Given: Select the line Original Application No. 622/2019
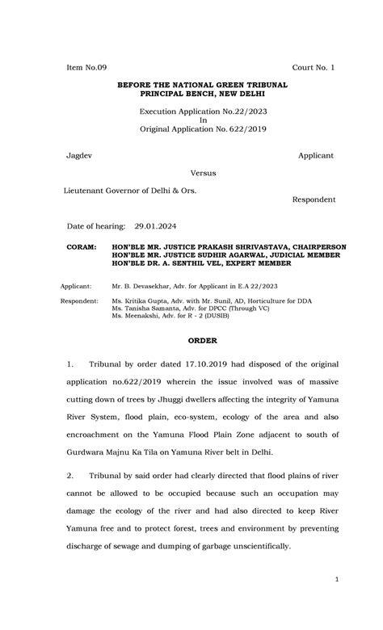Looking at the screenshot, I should coord(203,128).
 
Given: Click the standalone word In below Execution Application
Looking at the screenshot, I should coord(203,120).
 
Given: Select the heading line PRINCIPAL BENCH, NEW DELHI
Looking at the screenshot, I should coord(203,94).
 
